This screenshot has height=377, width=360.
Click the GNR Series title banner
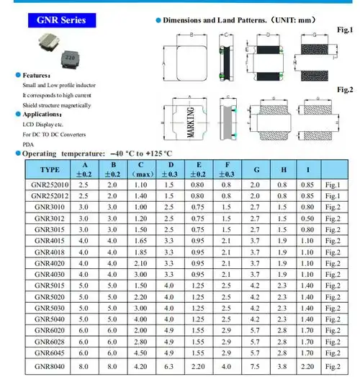tap(61, 19)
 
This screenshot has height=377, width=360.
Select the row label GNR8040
tap(48, 366)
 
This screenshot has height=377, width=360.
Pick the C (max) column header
tap(140, 169)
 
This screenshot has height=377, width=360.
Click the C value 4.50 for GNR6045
tap(140, 354)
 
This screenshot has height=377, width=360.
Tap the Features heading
tap(35, 75)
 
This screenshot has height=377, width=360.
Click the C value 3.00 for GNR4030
tap(140, 275)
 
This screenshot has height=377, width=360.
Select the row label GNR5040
tap(48, 319)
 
